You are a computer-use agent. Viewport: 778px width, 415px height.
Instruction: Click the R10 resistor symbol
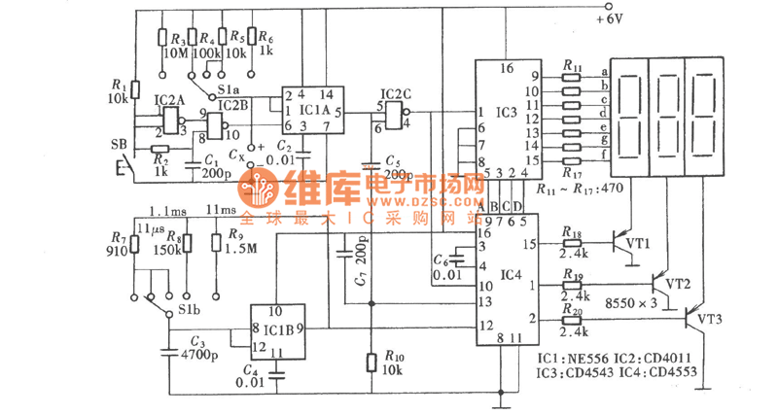point(371,363)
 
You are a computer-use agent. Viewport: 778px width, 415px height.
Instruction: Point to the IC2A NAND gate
point(173,121)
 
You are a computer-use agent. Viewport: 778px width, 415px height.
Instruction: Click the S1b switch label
point(189,312)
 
